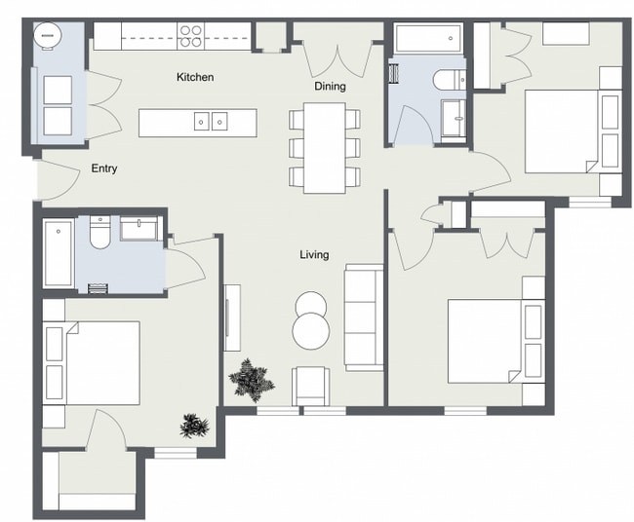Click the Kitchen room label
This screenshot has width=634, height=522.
(194, 77)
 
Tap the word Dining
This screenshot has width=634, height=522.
(330, 87)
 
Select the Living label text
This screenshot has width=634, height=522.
(314, 255)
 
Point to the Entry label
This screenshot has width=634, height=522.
(104, 168)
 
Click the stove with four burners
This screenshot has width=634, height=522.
(191, 36)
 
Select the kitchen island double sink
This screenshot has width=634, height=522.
(211, 122)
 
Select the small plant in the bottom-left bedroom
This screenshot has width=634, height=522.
(194, 426)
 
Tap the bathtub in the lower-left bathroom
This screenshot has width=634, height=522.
(59, 253)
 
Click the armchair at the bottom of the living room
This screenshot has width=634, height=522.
(311, 385)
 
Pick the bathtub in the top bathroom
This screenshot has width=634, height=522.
(425, 40)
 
